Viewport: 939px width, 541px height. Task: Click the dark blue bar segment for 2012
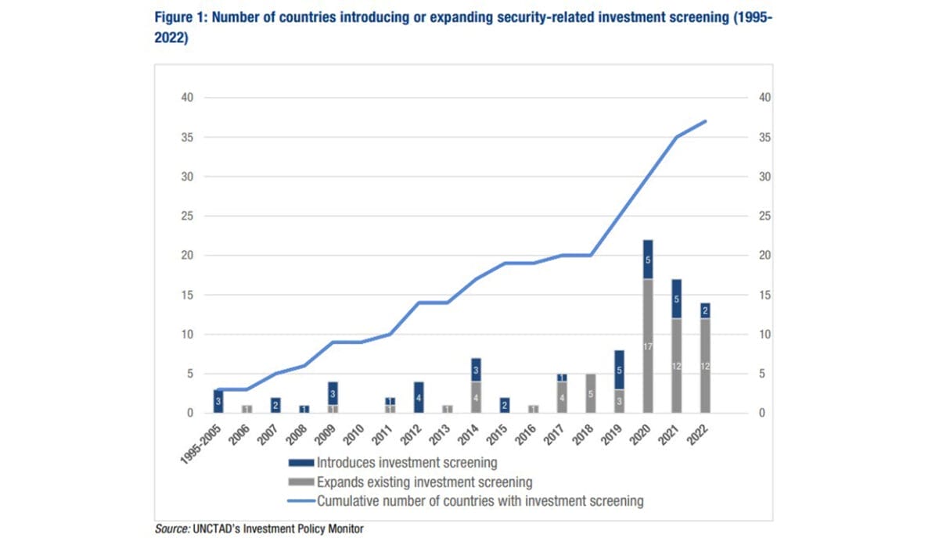coord(419,397)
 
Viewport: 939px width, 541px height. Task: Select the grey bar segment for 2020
coord(648,346)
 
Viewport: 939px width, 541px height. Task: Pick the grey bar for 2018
coord(591,393)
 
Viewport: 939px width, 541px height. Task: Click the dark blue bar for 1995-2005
coord(218,401)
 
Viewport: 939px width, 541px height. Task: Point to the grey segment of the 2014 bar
coord(476,397)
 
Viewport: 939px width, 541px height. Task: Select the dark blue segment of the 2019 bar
coord(620,370)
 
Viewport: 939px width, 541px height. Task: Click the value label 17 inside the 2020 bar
coord(648,346)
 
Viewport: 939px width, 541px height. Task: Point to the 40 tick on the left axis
coord(189,98)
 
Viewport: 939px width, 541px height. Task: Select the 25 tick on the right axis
coord(765,216)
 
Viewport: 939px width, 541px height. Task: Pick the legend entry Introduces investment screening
coord(406,464)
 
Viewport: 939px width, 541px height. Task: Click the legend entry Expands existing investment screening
coord(424,482)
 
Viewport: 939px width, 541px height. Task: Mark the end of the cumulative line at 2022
coord(706,121)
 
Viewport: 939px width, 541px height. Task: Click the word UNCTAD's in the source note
coord(215,529)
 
